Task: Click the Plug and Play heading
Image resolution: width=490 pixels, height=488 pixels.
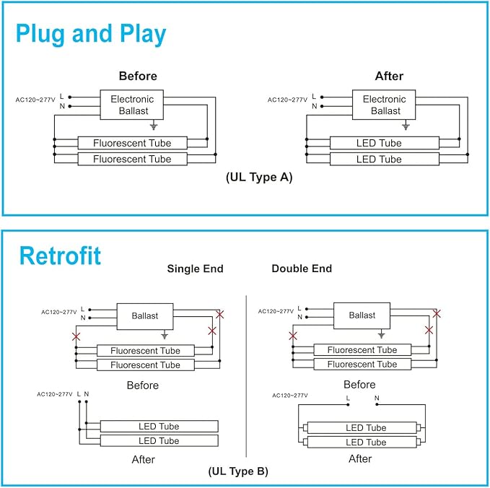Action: click(x=91, y=34)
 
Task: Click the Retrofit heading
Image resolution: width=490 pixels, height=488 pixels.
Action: click(x=60, y=256)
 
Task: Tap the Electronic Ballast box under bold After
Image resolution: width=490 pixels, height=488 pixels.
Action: click(x=384, y=105)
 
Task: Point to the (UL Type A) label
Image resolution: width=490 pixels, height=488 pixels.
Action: click(x=259, y=177)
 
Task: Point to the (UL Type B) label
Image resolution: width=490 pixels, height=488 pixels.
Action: click(x=238, y=471)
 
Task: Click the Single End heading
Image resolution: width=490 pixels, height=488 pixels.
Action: click(x=195, y=269)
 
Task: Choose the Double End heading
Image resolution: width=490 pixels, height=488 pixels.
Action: click(x=302, y=269)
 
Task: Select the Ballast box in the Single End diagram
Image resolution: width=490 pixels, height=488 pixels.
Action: click(x=145, y=315)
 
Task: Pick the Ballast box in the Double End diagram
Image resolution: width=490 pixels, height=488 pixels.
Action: click(x=362, y=315)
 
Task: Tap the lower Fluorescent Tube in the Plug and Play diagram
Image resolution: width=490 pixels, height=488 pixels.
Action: click(x=132, y=159)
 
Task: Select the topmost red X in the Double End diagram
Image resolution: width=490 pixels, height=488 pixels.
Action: click(x=436, y=313)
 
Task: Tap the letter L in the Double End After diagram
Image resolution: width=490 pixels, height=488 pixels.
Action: click(x=348, y=398)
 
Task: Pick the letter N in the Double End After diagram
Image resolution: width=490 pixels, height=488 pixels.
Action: click(x=376, y=398)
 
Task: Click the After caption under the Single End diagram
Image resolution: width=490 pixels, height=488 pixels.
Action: click(x=143, y=459)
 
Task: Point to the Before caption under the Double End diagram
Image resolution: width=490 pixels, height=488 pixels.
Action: click(x=359, y=385)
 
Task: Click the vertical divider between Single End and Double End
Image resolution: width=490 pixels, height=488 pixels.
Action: click(x=247, y=375)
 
